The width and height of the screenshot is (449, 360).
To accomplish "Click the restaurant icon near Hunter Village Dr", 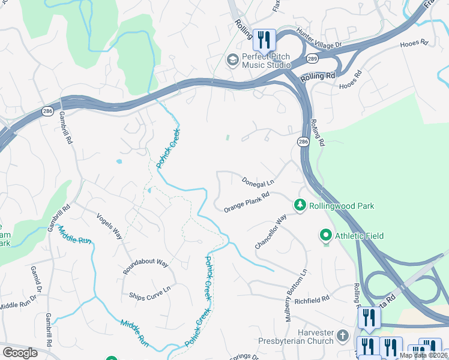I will pyautogui.click(x=264, y=40).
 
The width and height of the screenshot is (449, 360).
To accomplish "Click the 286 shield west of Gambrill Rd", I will pyautogui.click(x=47, y=111).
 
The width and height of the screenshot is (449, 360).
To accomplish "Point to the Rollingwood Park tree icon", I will pyautogui.click(x=300, y=206).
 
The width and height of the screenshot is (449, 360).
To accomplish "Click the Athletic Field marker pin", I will pyautogui.click(x=326, y=235).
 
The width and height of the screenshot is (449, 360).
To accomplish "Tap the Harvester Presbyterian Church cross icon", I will pyautogui.click(x=343, y=335).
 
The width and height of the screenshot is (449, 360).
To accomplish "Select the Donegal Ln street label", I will pyautogui.click(x=258, y=181).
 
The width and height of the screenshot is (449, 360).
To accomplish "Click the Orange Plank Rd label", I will pyautogui.click(x=247, y=202).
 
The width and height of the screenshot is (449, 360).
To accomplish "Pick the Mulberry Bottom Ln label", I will pyautogui.click(x=297, y=296).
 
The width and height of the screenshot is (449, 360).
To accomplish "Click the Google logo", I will pyautogui.click(x=20, y=353).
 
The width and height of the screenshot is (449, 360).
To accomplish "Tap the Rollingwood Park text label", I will pyautogui.click(x=342, y=206).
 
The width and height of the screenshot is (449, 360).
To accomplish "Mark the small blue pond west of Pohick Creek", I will pyautogui.click(x=119, y=161).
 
